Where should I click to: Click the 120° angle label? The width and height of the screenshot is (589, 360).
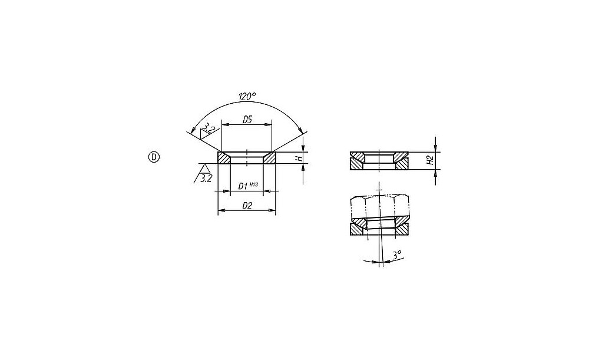pyautogui.click(x=247, y=96)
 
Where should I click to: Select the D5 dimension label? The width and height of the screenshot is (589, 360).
pyautogui.click(x=247, y=120)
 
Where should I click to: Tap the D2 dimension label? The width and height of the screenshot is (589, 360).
pyautogui.click(x=247, y=206)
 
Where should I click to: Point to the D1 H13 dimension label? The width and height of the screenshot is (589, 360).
pyautogui.click(x=249, y=186)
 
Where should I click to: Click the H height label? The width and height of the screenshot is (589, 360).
pyautogui.click(x=300, y=158)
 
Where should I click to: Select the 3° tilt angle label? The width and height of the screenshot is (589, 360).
pyautogui.click(x=397, y=255)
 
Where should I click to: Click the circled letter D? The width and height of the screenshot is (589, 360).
pyautogui.click(x=154, y=157)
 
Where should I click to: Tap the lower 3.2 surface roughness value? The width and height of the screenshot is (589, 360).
pyautogui.click(x=206, y=179)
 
